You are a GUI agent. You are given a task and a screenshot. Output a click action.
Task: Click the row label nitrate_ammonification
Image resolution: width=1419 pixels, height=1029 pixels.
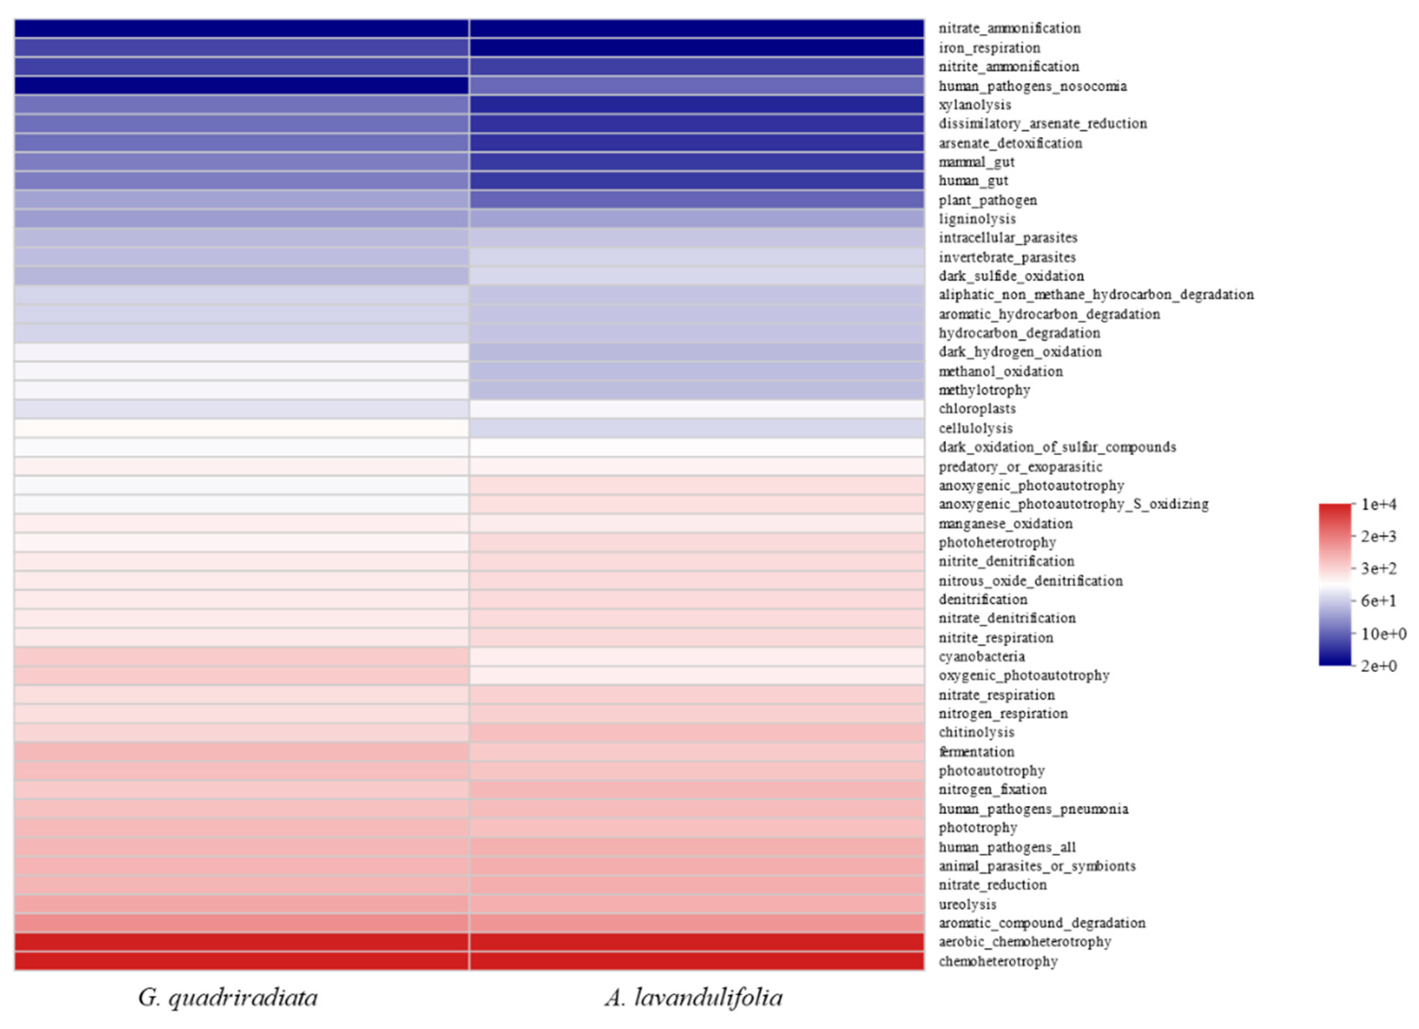click(1008, 28)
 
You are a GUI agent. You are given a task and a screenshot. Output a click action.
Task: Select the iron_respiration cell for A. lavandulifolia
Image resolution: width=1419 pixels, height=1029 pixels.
click(696, 48)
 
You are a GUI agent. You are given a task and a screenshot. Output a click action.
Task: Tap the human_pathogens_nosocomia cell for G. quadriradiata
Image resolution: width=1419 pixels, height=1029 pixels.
click(241, 86)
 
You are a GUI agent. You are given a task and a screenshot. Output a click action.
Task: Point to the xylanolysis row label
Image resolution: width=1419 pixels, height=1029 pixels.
click(974, 105)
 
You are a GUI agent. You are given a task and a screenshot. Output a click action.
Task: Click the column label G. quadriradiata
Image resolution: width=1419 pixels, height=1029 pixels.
click(228, 997)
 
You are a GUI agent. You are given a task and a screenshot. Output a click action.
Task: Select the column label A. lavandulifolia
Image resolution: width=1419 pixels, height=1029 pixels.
click(693, 997)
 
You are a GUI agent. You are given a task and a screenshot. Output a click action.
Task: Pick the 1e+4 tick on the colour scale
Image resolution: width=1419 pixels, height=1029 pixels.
click(1378, 504)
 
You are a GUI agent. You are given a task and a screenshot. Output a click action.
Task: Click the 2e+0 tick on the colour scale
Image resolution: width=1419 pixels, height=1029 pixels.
click(1378, 665)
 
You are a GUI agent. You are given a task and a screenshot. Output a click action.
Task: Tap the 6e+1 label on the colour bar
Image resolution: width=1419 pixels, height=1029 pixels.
click(1378, 600)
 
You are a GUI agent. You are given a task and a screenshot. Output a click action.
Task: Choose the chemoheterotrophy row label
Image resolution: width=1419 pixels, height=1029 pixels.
click(997, 961)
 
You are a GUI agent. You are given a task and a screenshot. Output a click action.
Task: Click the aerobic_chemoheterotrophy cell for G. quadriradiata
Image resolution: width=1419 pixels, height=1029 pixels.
click(241, 942)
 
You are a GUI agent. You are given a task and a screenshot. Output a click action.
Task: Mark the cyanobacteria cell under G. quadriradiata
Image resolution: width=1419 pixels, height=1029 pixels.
click(241, 656)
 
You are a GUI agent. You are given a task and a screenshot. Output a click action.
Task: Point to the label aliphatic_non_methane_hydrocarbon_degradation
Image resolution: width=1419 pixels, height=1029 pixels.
click(1095, 295)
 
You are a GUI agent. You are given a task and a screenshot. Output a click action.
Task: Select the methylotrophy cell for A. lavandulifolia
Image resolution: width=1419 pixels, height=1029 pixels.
click(696, 390)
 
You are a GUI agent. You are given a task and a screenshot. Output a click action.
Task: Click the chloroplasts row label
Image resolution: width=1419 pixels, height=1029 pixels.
click(976, 408)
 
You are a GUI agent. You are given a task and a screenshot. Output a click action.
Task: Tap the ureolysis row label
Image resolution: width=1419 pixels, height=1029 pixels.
click(967, 904)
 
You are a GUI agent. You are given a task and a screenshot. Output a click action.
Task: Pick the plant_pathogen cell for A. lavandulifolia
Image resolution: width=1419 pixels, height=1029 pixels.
click(696, 200)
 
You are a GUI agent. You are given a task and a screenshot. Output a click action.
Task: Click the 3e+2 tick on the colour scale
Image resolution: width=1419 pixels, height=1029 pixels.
click(1378, 568)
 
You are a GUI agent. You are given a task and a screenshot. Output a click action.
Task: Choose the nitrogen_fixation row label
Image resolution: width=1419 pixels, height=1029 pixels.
click(992, 789)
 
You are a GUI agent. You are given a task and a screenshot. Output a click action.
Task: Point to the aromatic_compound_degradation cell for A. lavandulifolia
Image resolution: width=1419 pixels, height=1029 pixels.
click(696, 922)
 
